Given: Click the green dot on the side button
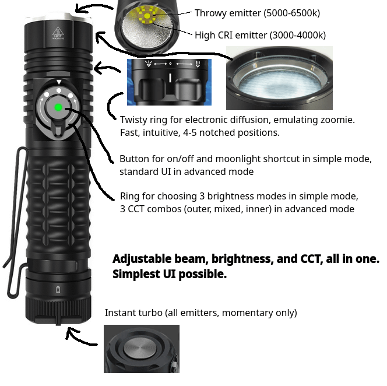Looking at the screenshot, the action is pyautogui.click(x=58, y=107).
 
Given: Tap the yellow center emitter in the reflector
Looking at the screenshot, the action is pyautogui.click(x=147, y=16).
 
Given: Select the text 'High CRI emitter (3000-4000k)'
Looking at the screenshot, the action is pyautogui.click(x=260, y=35).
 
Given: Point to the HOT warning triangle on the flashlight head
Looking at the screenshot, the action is pyautogui.click(x=58, y=33).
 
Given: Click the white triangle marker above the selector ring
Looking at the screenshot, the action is pyautogui.click(x=59, y=82).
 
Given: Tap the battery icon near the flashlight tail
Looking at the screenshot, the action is pyautogui.click(x=58, y=289).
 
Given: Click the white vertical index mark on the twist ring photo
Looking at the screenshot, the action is pyautogui.click(x=170, y=78).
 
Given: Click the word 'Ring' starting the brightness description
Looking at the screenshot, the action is pyautogui.click(x=130, y=196).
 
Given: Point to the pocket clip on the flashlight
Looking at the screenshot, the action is pyautogui.click(x=15, y=222).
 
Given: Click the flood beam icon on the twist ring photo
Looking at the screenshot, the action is pyautogui.click(x=149, y=64).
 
